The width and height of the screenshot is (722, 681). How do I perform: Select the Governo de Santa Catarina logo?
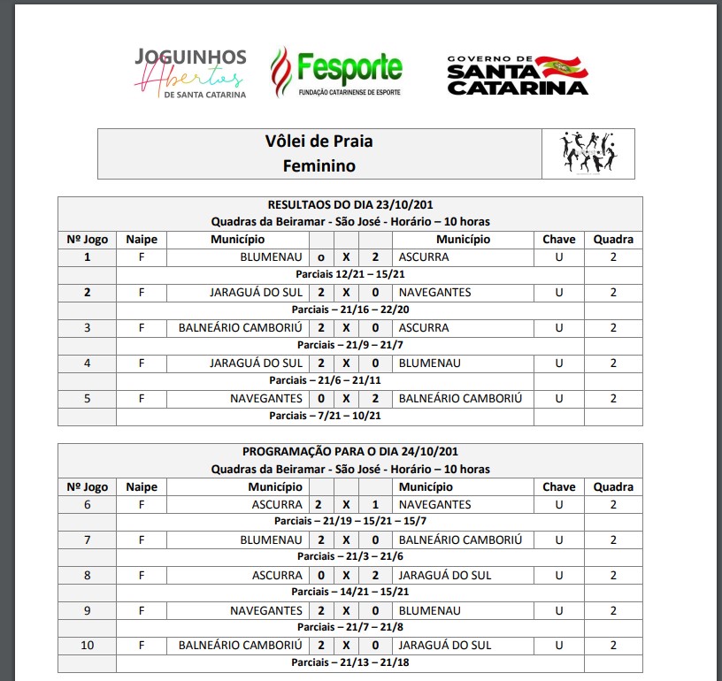(518, 73)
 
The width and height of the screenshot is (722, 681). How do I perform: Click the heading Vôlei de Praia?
(319, 141)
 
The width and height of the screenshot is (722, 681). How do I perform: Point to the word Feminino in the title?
(319, 165)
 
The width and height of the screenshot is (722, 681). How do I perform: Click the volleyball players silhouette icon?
(589, 153)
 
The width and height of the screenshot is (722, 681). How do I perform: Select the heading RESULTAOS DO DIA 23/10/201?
(350, 204)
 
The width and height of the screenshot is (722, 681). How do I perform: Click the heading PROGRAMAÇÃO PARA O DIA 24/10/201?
(350, 452)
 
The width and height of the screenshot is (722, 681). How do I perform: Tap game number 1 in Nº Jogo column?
(87, 257)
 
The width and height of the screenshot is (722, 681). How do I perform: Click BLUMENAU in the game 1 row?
(271, 257)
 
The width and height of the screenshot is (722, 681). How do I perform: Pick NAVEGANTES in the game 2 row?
(435, 293)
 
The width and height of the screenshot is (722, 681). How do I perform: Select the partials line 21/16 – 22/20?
(350, 310)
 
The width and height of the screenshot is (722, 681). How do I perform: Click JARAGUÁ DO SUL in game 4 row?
(256, 363)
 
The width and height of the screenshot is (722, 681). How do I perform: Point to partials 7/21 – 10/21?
(326, 416)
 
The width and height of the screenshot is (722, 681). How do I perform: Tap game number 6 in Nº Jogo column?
(87, 505)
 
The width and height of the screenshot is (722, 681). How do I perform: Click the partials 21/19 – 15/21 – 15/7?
(350, 522)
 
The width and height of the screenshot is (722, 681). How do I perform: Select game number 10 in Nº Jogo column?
(87, 646)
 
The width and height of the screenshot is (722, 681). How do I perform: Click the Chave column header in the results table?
(558, 240)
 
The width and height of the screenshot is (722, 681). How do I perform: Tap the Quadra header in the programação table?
(613, 487)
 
